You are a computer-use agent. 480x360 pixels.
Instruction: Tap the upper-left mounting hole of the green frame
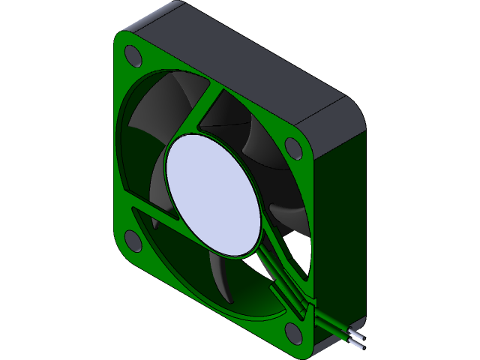tap(133, 55)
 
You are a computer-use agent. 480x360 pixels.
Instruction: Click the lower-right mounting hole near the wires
tap(293, 331)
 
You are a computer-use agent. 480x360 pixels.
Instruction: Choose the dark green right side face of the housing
tap(341, 225)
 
